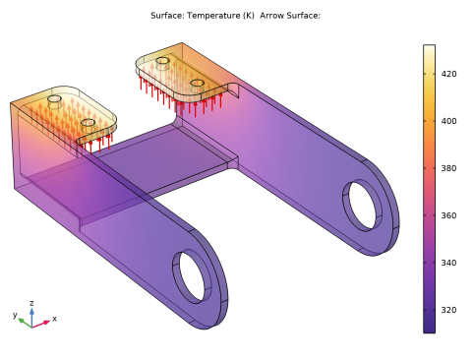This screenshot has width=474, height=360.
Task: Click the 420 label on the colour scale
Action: click(x=448, y=74)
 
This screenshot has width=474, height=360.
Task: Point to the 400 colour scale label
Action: click(x=448, y=121)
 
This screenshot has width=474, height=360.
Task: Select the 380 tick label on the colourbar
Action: click(x=448, y=168)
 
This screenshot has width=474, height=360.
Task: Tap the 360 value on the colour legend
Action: click(x=448, y=215)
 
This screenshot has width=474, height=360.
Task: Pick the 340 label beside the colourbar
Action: click(x=448, y=263)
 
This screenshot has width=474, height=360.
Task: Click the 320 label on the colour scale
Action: click(x=448, y=310)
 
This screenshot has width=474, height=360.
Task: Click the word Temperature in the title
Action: click(x=213, y=16)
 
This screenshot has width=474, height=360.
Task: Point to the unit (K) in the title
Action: click(x=249, y=16)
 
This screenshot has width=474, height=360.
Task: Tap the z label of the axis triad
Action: click(x=31, y=303)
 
